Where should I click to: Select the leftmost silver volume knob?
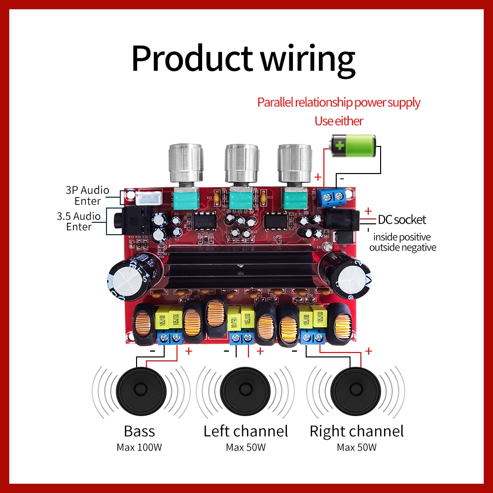pos(186,164)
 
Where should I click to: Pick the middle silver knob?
pos(242,164)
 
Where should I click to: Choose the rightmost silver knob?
pos(294,164)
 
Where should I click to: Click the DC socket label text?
pos(402,220)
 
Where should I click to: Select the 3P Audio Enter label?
pos(87,195)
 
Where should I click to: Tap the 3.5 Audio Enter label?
pos(79,221)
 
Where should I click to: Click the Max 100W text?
pos(139,448)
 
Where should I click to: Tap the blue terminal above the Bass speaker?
pos(170,338)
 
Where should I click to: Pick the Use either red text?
pos(339,121)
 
